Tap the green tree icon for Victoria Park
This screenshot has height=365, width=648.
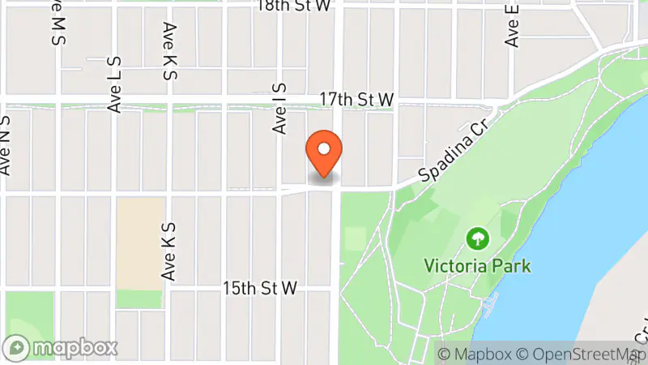pyautogui.click(x=478, y=238)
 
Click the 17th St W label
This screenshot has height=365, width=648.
pyautogui.click(x=356, y=99)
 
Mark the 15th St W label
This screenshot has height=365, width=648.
pyautogui.click(x=259, y=289)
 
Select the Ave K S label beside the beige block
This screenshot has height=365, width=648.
pyautogui.click(x=168, y=252)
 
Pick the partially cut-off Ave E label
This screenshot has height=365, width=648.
pyautogui.click(x=511, y=24)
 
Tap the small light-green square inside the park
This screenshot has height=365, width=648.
pyautogui.click(x=355, y=238)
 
